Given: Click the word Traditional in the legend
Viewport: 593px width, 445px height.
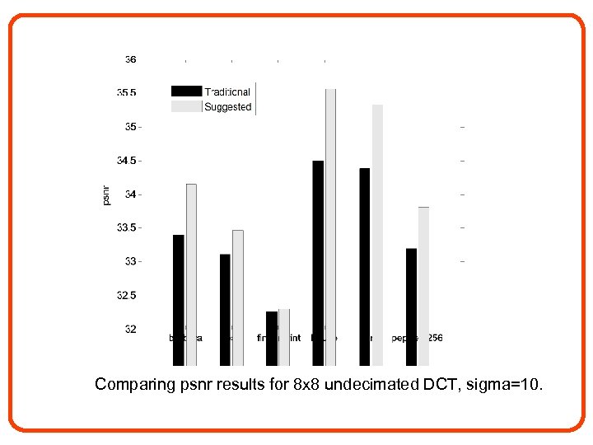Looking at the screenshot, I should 227,92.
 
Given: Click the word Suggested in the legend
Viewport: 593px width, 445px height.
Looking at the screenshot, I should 228,107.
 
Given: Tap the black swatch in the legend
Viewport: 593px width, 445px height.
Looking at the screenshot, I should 186,91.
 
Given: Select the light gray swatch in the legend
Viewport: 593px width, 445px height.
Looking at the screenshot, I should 186,106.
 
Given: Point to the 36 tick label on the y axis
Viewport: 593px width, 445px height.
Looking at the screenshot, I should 130,59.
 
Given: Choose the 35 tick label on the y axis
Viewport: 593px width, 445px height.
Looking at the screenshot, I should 130,127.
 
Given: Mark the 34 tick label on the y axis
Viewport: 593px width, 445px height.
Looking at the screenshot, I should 130,194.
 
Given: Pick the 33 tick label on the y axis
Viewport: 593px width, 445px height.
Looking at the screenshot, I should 130,261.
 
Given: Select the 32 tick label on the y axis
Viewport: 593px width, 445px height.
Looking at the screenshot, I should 130,329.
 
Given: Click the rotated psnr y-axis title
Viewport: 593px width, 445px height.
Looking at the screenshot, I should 105,194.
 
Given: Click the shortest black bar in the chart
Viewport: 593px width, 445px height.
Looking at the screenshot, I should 272,338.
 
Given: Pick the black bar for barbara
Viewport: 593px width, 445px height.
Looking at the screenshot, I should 178,300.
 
